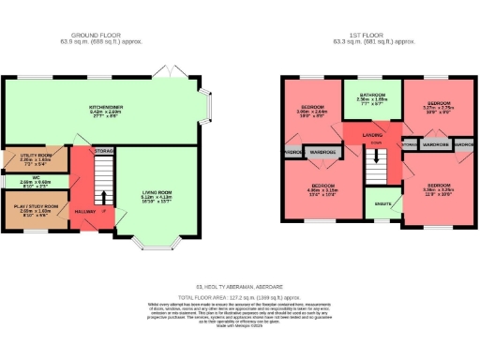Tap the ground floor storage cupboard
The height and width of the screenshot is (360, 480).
(x=103, y=150)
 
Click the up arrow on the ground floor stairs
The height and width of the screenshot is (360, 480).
(x=104, y=198)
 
